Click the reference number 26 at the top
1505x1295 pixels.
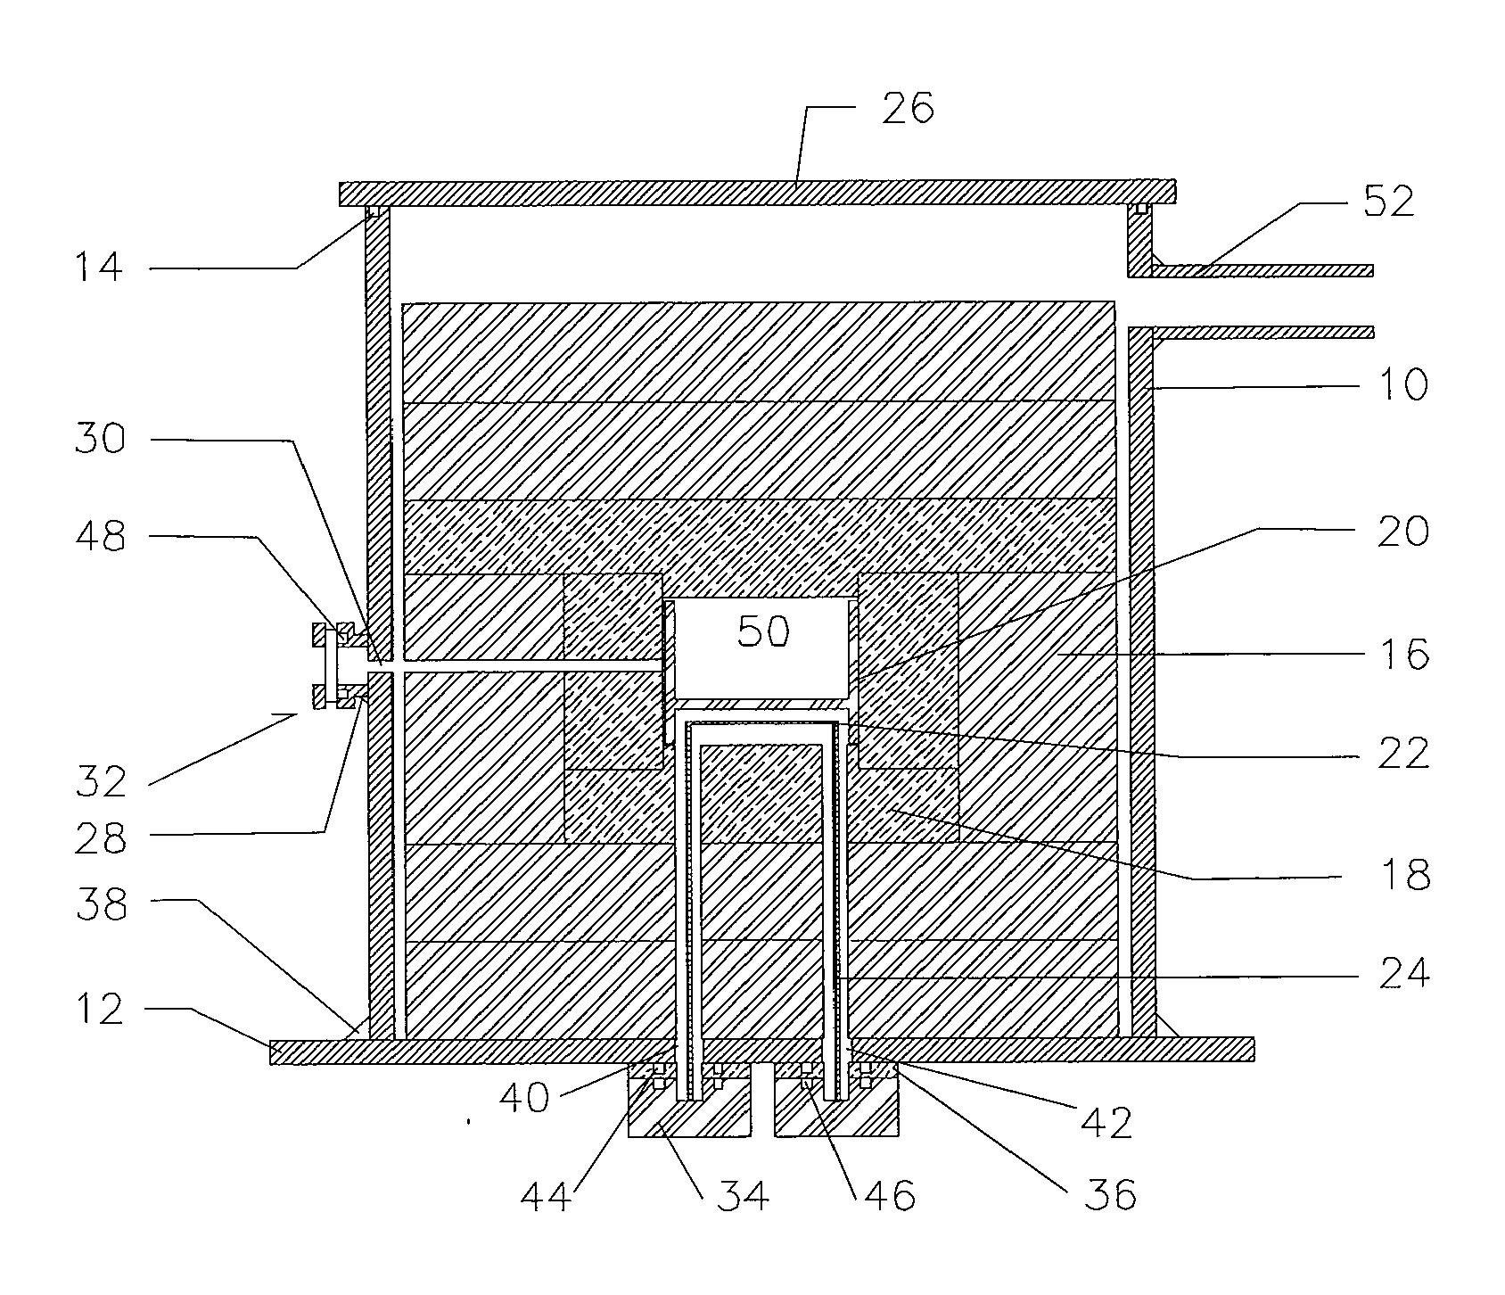908,108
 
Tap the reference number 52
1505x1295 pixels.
1387,202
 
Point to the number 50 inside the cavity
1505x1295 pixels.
764,631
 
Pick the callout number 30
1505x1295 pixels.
100,439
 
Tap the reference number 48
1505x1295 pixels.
100,537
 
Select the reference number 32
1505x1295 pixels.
100,781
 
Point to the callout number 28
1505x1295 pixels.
100,839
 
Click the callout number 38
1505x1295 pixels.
100,904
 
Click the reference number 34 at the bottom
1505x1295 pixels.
743,1194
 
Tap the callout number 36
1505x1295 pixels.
1110,1194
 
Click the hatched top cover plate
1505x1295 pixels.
758,193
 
